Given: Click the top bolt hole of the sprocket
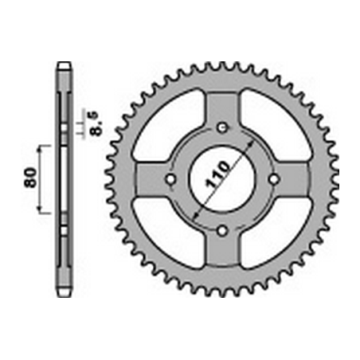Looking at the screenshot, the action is (222, 128).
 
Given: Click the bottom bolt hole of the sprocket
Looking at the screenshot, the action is (222, 230).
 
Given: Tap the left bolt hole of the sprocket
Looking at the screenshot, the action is (170, 179).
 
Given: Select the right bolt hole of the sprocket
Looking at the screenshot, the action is (274, 179).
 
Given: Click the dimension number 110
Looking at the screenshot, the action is (217, 174).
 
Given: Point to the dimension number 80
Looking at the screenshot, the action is (30, 178).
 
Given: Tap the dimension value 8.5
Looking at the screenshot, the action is (96, 123).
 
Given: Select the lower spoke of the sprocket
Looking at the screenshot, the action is (222, 248).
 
